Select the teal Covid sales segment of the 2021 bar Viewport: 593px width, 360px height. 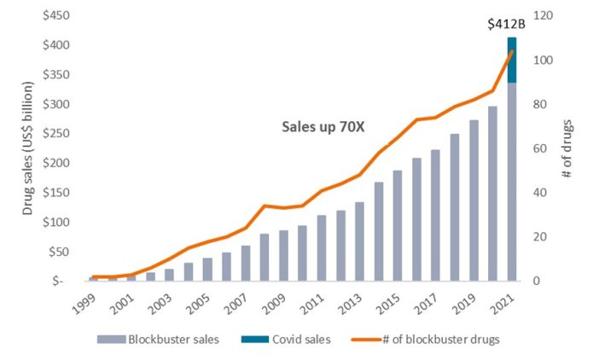pyautogui.click(x=512, y=60)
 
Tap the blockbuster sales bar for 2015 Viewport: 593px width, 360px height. pyautogui.click(x=398, y=225)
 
